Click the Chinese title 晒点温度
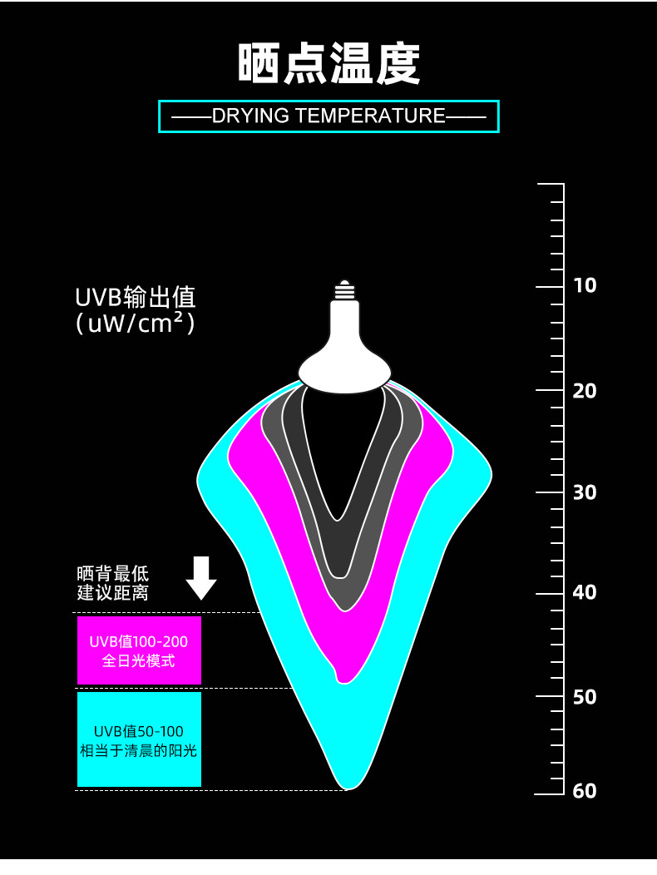tap(328, 64)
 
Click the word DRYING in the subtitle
tap(250, 116)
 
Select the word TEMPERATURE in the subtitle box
tap(370, 116)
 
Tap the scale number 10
tap(585, 286)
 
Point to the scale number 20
tap(585, 391)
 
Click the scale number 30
tap(585, 492)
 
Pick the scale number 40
tap(585, 592)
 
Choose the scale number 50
tap(585, 697)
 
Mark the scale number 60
tap(585, 791)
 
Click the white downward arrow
tap(201, 578)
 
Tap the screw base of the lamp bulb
tap(345, 290)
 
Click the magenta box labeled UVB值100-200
tap(139, 650)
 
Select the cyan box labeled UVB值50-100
tap(139, 739)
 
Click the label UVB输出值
tap(136, 298)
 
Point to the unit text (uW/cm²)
tap(136, 324)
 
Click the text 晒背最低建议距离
tap(113, 583)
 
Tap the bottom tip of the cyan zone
tap(347, 789)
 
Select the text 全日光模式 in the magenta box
tap(138, 661)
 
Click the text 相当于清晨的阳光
tap(138, 751)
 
